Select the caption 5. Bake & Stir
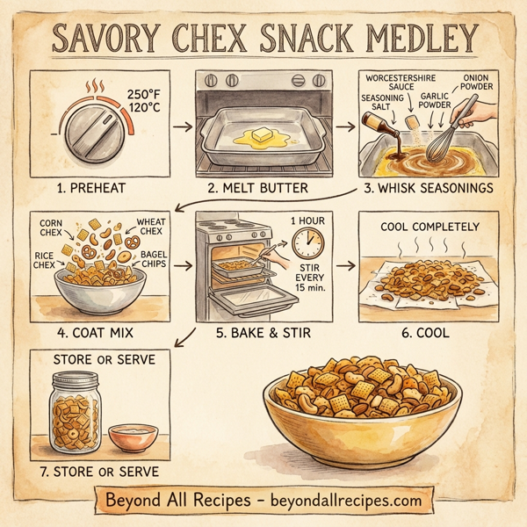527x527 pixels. pyautogui.click(x=263, y=334)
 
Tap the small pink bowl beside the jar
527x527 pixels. pyautogui.click(x=133, y=436)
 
